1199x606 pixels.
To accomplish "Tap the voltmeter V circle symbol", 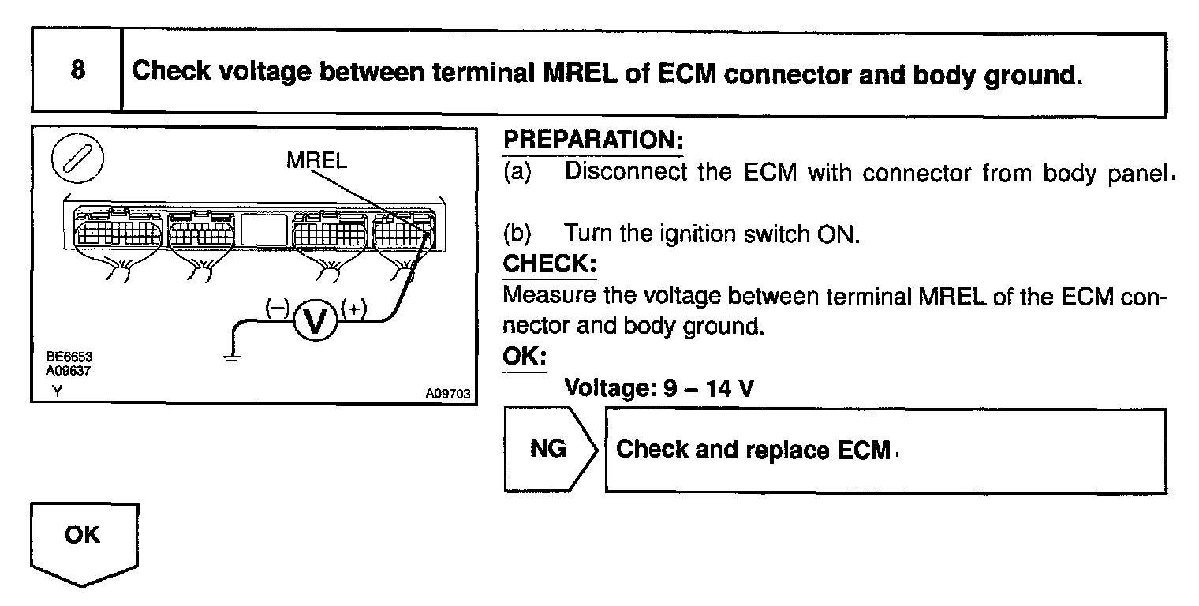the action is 316,321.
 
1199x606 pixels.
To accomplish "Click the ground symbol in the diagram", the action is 231,358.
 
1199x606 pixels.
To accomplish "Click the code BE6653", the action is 63,357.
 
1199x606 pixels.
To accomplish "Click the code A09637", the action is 63,368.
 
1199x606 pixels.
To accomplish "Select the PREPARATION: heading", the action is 592,141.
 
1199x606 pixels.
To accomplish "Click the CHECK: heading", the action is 549,264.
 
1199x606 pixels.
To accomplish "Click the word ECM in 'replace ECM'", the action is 868,450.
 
